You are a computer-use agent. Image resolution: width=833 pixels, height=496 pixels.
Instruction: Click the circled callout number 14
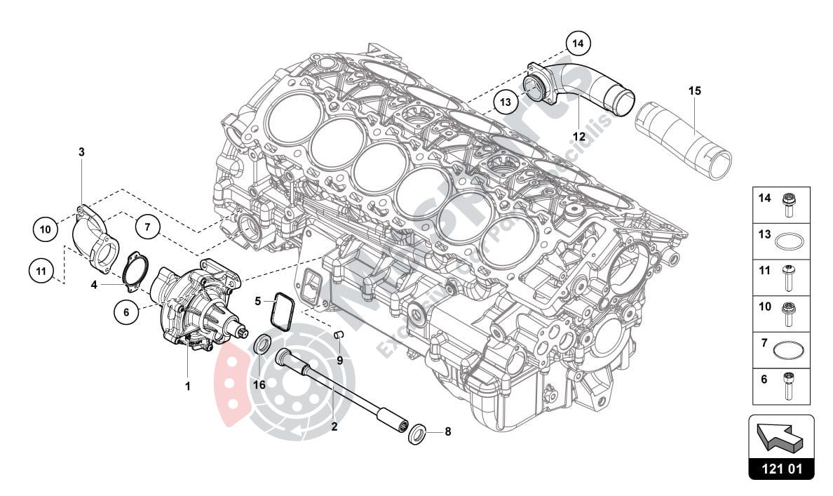577,43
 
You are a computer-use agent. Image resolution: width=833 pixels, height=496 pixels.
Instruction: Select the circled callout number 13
505,102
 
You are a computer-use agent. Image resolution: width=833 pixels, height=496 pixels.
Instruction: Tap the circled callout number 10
45,229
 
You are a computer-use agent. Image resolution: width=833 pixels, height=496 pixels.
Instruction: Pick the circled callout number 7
148,227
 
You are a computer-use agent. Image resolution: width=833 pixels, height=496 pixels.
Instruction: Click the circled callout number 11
41,269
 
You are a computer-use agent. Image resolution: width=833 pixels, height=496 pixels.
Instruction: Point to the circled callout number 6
126,314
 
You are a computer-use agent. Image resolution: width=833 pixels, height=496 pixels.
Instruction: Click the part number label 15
694,91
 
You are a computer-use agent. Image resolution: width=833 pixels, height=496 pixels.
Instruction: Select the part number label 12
579,136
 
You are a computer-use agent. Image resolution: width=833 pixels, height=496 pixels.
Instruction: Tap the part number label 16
259,384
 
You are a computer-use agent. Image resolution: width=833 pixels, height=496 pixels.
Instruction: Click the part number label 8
447,432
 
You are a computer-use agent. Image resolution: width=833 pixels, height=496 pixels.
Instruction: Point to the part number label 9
339,361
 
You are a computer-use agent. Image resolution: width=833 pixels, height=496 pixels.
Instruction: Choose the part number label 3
81,152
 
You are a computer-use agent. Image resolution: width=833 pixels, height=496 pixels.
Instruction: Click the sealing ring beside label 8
416,434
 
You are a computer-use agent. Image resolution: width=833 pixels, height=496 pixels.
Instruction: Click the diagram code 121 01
781,469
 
